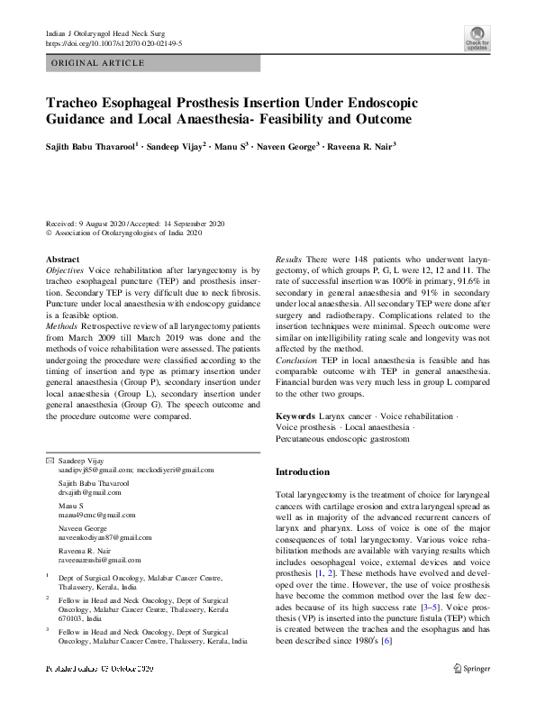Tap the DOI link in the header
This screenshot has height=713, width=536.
pyautogui.click(x=114, y=42)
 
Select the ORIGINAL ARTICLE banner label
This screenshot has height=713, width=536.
pyautogui.click(x=98, y=63)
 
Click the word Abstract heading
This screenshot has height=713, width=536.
pyautogui.click(x=62, y=259)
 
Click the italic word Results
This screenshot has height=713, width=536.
pyautogui.click(x=288, y=259)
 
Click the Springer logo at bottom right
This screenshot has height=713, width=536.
pyautogui.click(x=471, y=668)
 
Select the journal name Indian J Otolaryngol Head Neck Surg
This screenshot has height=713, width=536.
pyautogui.click(x=106, y=32)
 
